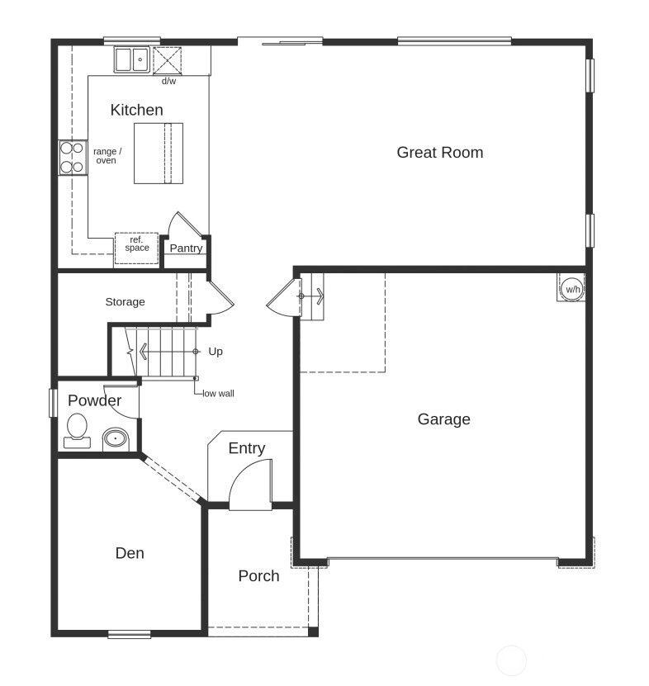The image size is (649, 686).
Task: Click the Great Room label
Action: (440, 152)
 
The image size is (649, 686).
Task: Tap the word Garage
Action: (443, 419)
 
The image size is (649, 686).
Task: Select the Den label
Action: (130, 553)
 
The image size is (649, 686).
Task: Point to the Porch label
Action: (258, 575)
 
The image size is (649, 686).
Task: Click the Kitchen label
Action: (136, 110)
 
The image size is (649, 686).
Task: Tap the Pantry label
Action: (186, 248)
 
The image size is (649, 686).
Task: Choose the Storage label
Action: (126, 302)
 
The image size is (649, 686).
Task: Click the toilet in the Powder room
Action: (77, 431)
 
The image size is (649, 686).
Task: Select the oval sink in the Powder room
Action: (116, 438)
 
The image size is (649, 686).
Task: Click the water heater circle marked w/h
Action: (572, 289)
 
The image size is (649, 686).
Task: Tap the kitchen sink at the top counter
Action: (132, 59)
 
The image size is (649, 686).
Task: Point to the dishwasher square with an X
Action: (167, 60)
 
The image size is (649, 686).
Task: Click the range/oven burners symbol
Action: (73, 158)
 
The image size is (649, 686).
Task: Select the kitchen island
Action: (159, 154)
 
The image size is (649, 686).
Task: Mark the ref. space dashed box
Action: (136, 248)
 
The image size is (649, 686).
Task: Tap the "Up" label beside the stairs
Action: (216, 352)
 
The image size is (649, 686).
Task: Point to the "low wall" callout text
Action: (218, 394)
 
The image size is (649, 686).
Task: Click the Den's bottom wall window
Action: (129, 634)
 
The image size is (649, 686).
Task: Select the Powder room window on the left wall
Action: (53, 403)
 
